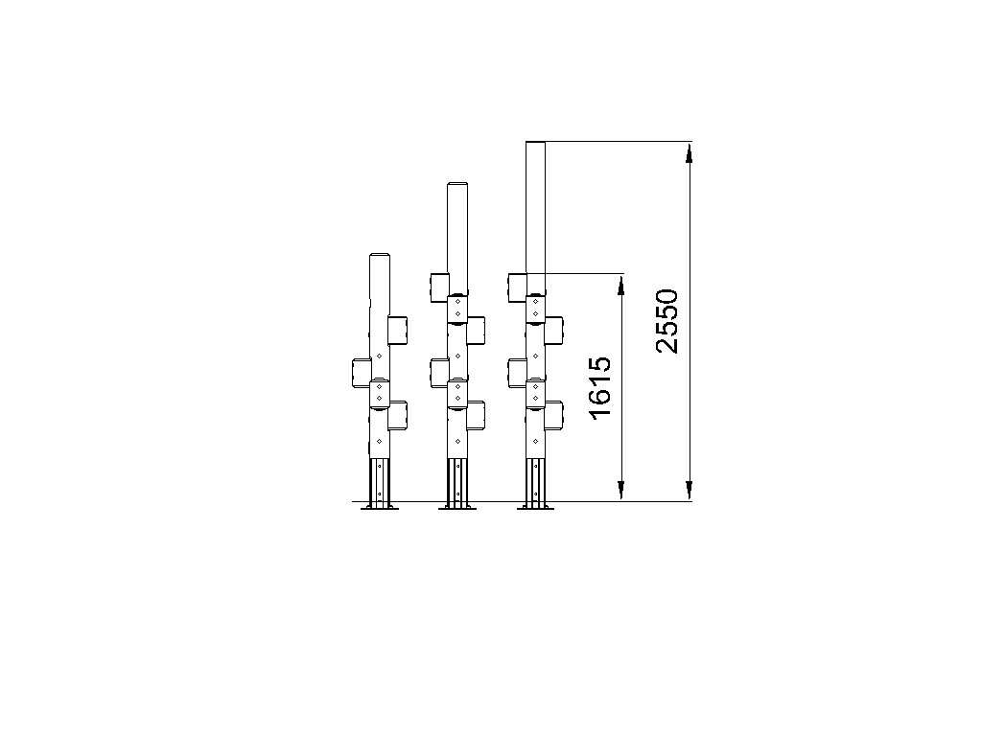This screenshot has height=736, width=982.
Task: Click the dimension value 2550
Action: [x=667, y=321]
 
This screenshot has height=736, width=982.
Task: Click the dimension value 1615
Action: [x=599, y=388]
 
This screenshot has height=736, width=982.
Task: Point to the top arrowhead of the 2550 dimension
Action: [x=689, y=152]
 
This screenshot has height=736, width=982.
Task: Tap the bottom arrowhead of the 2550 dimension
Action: [x=689, y=491]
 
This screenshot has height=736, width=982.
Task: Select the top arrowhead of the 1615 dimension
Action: [x=621, y=284]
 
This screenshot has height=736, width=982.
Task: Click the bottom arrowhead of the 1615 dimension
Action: [x=621, y=491]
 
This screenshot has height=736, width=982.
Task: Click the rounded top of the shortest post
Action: [x=380, y=255]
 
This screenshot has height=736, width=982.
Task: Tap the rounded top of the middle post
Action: [x=457, y=184]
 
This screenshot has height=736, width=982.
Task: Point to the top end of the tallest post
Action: [x=535, y=143]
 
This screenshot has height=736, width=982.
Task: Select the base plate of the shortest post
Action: [x=380, y=508]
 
